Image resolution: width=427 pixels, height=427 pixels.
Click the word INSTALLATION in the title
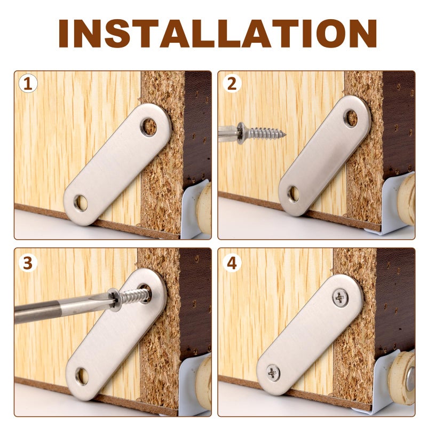click(x=217, y=34)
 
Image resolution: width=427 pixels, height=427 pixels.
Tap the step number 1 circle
click(x=28, y=83)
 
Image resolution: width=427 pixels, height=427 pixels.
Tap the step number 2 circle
click(x=232, y=83)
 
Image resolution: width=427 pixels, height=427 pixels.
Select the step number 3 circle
click(x=28, y=263)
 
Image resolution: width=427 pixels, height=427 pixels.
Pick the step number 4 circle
click(x=232, y=263)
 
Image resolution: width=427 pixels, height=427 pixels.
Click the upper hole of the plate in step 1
click(x=149, y=127)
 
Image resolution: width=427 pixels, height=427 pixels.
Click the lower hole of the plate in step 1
click(x=81, y=203)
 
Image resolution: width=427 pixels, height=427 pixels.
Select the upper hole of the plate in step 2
click(x=351, y=118)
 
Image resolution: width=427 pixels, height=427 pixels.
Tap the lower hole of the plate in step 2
click(x=294, y=194)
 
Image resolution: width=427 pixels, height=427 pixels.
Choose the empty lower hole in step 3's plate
click(x=82, y=376)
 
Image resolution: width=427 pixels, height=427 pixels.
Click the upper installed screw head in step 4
click(x=340, y=298)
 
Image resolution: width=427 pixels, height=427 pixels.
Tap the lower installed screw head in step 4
click(x=273, y=373)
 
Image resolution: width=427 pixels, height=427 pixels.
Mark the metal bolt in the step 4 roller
click(x=410, y=379)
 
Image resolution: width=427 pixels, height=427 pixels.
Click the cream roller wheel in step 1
click(x=204, y=208)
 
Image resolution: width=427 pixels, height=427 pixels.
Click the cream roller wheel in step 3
click(x=204, y=383)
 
